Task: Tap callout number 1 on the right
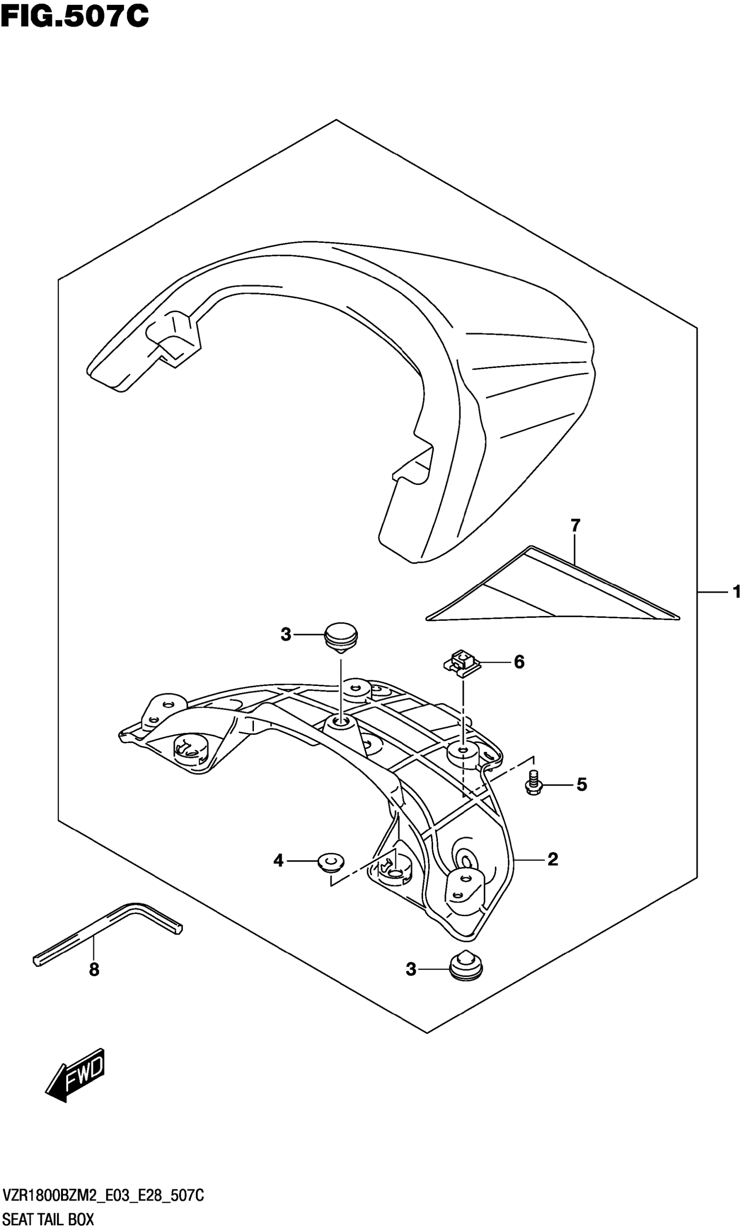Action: coord(736,592)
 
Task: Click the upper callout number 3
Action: coord(285,635)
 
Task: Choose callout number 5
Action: coord(581,785)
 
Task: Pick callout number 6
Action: coord(519,662)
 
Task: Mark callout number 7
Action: coord(575,525)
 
